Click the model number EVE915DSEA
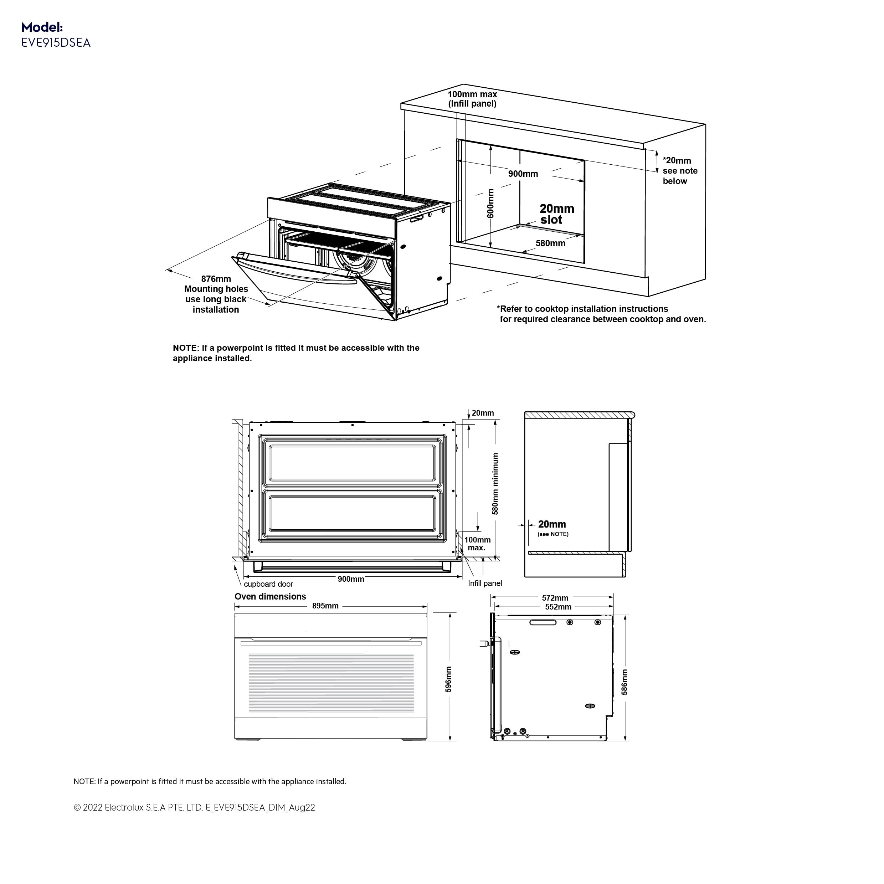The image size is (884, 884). click(x=56, y=42)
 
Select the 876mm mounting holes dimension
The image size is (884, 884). click(x=216, y=279)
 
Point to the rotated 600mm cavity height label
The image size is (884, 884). click(x=490, y=203)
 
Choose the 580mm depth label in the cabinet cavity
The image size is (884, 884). click(x=550, y=243)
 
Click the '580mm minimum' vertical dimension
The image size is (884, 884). click(x=495, y=484)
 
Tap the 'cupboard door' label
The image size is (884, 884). click(x=268, y=584)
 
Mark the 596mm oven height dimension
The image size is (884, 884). click(x=448, y=679)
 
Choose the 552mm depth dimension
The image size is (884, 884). click(x=558, y=607)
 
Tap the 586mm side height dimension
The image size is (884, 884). click(x=625, y=682)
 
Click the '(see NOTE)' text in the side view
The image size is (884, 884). click(x=553, y=534)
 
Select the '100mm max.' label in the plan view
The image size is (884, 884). click(x=477, y=544)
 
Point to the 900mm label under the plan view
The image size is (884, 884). click(x=351, y=579)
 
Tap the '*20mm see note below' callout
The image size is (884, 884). click(x=679, y=171)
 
